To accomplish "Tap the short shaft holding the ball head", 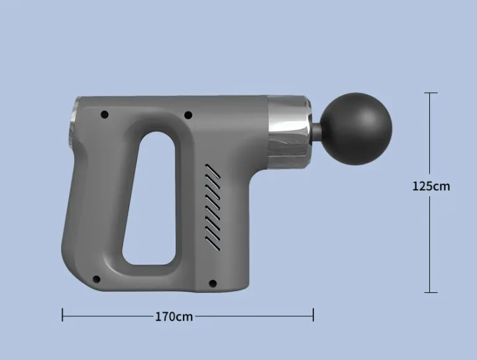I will pyautogui.click(x=319, y=127).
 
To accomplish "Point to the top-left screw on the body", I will pyautogui.click(x=104, y=115).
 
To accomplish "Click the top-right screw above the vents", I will pyautogui.click(x=188, y=115).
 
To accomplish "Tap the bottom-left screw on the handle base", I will pyautogui.click(x=95, y=279).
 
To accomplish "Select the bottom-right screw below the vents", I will pyautogui.click(x=212, y=283).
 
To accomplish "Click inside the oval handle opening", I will pyautogui.click(x=151, y=199).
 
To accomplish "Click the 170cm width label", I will pyautogui.click(x=174, y=316).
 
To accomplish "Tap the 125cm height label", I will pyautogui.click(x=431, y=186).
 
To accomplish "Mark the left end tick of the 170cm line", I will pyautogui.click(x=62, y=316).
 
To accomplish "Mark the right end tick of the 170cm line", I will pyautogui.click(x=313, y=316).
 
